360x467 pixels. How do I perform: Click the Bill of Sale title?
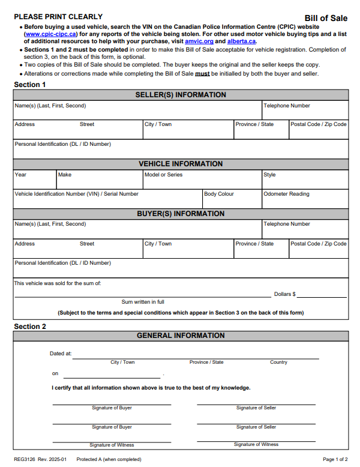pyautogui.click(x=326, y=19)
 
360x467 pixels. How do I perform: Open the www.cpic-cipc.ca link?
pyautogui.click(x=50, y=35)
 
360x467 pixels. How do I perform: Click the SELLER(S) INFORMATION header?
pyautogui.click(x=181, y=95)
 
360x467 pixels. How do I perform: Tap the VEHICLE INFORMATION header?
pyautogui.click(x=181, y=164)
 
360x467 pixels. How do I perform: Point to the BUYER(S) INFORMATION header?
pyautogui.click(x=181, y=214)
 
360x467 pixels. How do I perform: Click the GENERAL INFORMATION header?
pyautogui.click(x=181, y=336)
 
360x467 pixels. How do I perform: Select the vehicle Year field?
pyautogui.click(x=35, y=182)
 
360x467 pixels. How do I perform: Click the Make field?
pyautogui.click(x=99, y=182)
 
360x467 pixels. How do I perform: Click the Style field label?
pyautogui.click(x=269, y=175)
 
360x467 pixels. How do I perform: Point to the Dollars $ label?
pyautogui.click(x=285, y=294)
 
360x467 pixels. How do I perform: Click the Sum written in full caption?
pyautogui.click(x=143, y=302)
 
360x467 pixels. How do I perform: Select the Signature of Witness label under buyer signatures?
pyautogui.click(x=112, y=445)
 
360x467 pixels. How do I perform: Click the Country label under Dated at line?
pyautogui.click(x=278, y=362)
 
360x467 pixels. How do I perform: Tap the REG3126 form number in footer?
pyautogui.click(x=25, y=459)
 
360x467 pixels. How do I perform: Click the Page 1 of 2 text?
pyautogui.click(x=335, y=459)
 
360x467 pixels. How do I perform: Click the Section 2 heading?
pyautogui.click(x=30, y=327)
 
